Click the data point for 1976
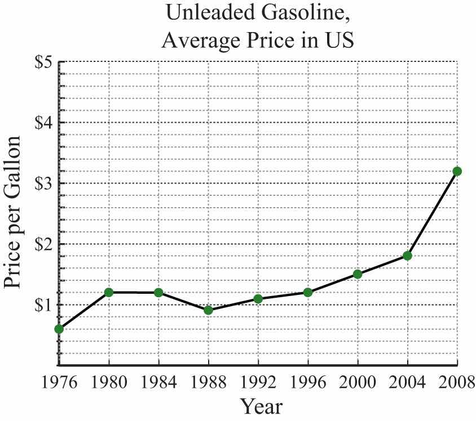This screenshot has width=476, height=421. [59, 329]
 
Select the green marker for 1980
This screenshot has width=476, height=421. [109, 292]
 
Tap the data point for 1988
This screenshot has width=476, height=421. [208, 310]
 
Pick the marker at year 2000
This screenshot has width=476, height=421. [358, 274]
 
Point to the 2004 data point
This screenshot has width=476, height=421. [407, 256]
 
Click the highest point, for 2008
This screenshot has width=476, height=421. [457, 171]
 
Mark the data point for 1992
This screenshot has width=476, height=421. [258, 298]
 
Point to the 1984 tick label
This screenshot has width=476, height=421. [158, 383]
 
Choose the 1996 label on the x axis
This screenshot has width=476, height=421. [308, 383]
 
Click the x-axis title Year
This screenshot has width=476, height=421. [261, 406]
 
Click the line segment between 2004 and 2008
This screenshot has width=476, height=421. [433, 213]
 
